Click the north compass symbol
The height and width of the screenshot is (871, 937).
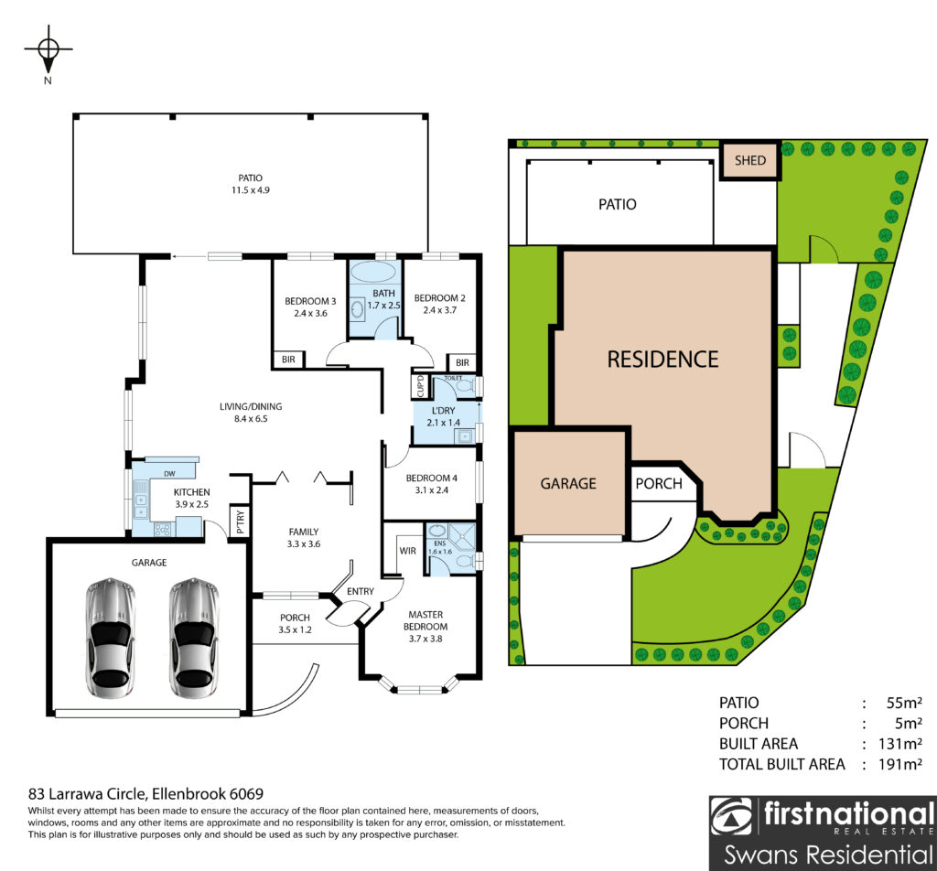point(48,49)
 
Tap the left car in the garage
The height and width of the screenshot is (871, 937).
point(111,638)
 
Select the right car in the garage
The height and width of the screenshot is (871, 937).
point(194,638)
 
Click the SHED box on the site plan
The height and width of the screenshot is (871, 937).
point(750,160)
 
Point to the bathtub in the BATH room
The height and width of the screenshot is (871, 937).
point(373,272)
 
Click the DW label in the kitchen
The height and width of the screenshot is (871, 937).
point(169,474)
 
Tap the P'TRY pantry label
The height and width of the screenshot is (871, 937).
point(241,522)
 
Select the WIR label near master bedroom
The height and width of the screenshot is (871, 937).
point(407,551)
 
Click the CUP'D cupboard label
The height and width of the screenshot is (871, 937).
point(420,386)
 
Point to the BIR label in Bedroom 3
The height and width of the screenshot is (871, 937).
point(288,360)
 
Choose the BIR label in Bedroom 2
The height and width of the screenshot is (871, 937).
point(462,362)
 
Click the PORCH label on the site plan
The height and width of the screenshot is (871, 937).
point(659,483)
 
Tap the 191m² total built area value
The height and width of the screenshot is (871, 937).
point(900,765)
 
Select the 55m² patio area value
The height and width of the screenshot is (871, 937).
point(904,704)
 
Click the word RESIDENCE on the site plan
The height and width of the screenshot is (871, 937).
point(662,360)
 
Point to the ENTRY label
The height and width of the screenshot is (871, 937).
point(361,591)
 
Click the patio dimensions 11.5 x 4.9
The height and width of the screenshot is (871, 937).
point(251,190)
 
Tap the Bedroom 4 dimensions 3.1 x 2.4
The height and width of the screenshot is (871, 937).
point(432,490)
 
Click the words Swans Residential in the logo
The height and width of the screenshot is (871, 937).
point(828,855)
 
